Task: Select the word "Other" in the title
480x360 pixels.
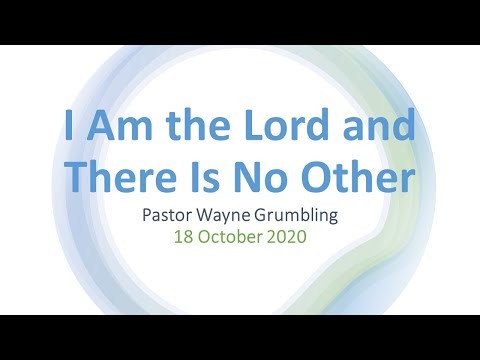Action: pos(358,180)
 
